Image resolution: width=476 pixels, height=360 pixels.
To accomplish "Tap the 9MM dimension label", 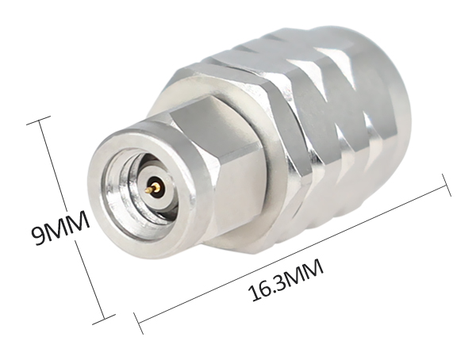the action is (x=59, y=227).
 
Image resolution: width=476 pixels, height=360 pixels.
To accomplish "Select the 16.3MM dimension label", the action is (x=286, y=280).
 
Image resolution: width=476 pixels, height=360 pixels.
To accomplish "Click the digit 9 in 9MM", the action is (x=38, y=236).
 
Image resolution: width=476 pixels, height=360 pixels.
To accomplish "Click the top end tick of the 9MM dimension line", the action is (x=39, y=120).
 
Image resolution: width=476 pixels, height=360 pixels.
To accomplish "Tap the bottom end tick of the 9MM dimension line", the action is (x=104, y=319).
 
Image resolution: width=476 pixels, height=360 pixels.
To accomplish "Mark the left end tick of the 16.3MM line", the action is (x=138, y=323).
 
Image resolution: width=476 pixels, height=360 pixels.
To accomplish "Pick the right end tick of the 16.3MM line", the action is (x=446, y=186).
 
